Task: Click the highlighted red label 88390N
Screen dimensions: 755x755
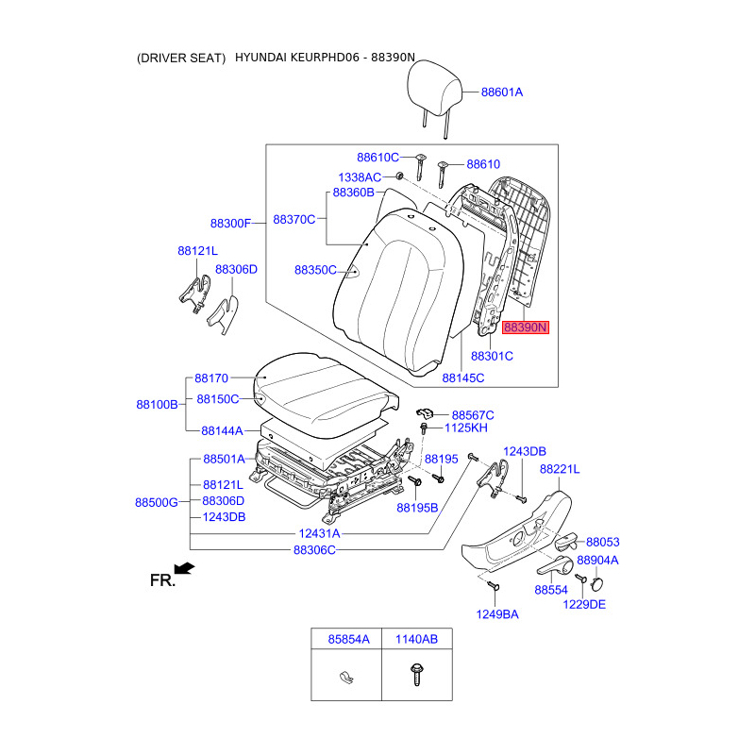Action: point(526,327)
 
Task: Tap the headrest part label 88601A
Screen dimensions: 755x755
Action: point(502,92)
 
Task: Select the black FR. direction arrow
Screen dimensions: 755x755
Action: point(184,568)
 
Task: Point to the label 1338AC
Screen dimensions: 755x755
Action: point(360,177)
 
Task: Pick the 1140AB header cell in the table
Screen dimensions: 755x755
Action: point(417,639)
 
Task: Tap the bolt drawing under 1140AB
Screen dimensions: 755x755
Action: point(416,674)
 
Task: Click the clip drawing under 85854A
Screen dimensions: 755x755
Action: point(346,678)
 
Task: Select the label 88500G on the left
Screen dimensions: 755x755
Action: point(157,502)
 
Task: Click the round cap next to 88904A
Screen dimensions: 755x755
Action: point(597,583)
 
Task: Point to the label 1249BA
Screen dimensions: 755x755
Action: point(497,614)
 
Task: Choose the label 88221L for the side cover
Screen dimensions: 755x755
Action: point(560,469)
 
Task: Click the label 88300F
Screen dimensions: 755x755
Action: point(230,224)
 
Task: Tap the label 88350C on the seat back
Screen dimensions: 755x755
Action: point(315,270)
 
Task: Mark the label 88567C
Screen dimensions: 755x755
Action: point(473,415)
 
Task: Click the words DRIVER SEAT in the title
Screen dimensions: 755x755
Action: point(181,59)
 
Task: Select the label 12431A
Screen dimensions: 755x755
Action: point(319,533)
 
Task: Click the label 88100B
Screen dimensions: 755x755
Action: point(157,405)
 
